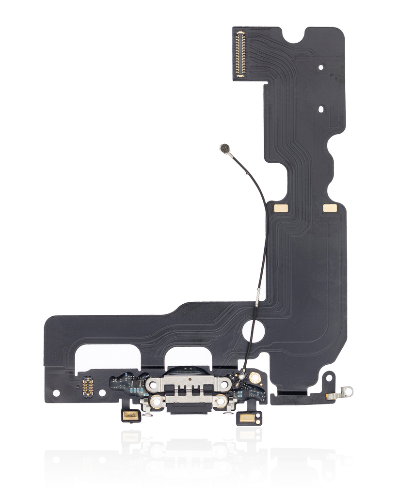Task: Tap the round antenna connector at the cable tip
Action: [x=224, y=148]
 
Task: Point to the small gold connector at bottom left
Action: [x=88, y=387]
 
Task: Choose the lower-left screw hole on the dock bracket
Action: [x=156, y=401]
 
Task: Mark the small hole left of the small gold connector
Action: [x=56, y=393]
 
